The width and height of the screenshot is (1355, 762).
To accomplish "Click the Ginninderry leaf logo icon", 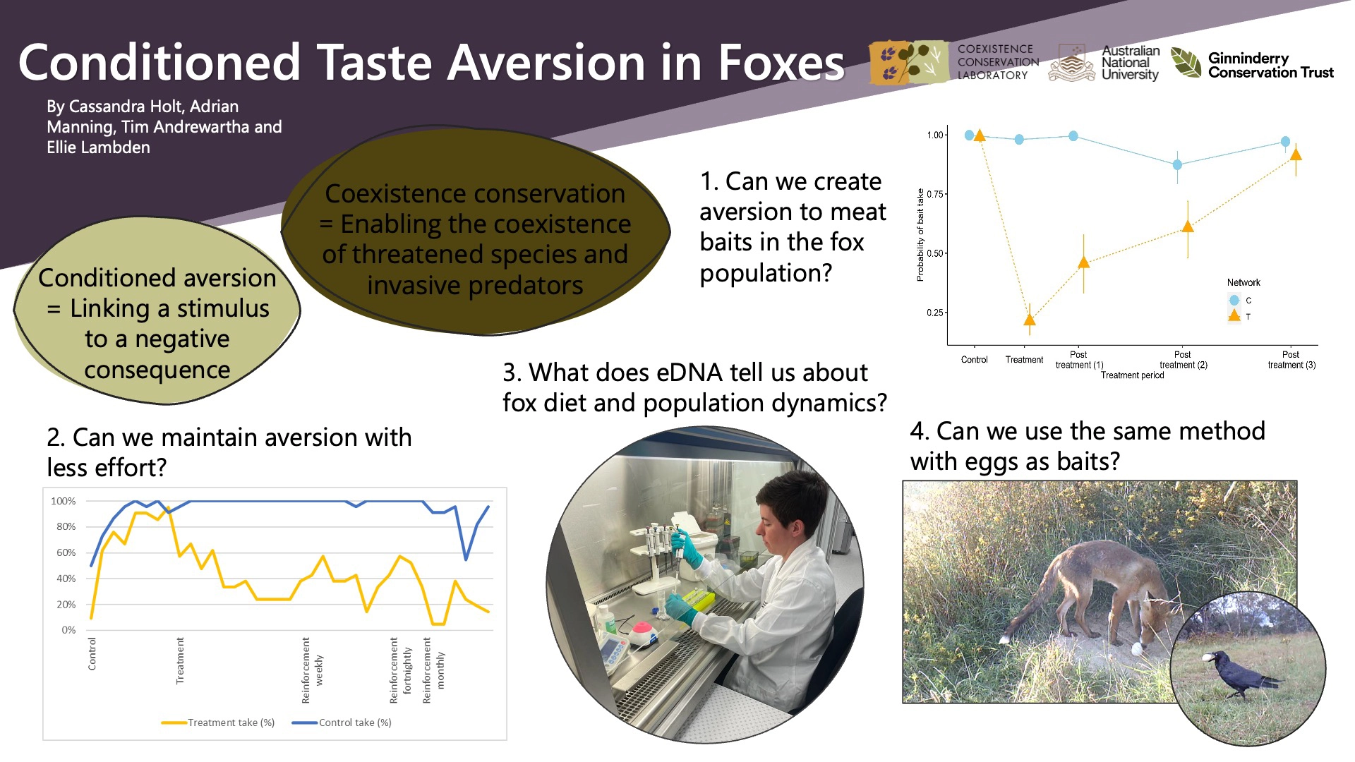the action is [1186, 62].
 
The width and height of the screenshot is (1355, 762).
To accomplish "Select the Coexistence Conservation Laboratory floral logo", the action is [909, 62].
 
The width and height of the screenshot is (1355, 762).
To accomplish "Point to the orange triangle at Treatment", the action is [1030, 320].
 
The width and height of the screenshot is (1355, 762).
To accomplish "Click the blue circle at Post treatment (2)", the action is [1177, 164].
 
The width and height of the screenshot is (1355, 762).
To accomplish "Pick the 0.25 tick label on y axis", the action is [934, 313].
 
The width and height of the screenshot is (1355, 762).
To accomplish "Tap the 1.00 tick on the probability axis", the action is [934, 135].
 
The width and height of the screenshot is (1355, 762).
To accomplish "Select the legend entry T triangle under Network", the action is [1234, 316].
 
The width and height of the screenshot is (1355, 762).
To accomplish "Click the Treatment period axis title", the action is [1132, 375].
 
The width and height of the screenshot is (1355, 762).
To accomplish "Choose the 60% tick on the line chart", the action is [66, 552].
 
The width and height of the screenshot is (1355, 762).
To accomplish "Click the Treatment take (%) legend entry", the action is [218, 722].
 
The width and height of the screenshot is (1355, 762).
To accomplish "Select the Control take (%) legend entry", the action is [342, 722].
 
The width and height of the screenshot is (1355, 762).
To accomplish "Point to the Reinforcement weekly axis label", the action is [312, 670].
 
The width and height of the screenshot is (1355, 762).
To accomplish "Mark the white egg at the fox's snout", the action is [1136, 648].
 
